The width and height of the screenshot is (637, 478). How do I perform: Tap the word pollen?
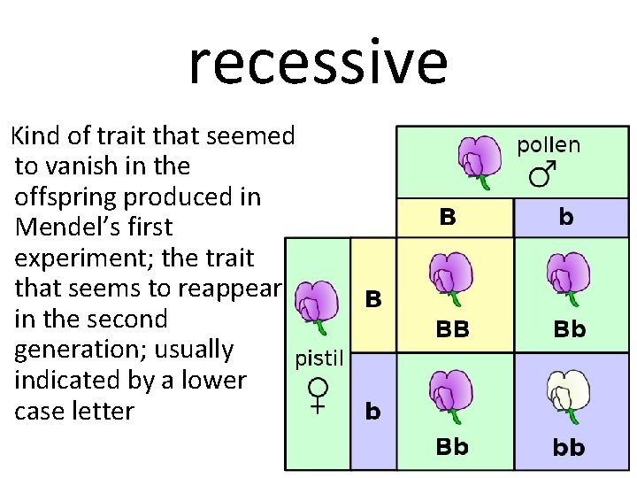click(x=549, y=145)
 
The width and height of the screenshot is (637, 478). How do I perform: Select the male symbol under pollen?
click(x=542, y=174)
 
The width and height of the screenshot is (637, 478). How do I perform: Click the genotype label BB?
click(x=452, y=329)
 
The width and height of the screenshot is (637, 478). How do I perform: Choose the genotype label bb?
click(x=569, y=448)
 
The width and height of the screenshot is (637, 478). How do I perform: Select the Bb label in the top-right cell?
click(x=569, y=329)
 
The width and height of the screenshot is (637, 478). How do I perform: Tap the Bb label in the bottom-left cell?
click(x=452, y=447)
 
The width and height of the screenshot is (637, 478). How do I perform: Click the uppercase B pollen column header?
click(x=449, y=217)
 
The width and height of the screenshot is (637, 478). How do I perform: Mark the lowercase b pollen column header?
click(x=566, y=217)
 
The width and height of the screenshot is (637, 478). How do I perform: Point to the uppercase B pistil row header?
click(x=373, y=299)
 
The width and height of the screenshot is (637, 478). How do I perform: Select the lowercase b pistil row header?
click(x=373, y=412)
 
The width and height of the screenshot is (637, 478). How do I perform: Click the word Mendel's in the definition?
click(x=70, y=227)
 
